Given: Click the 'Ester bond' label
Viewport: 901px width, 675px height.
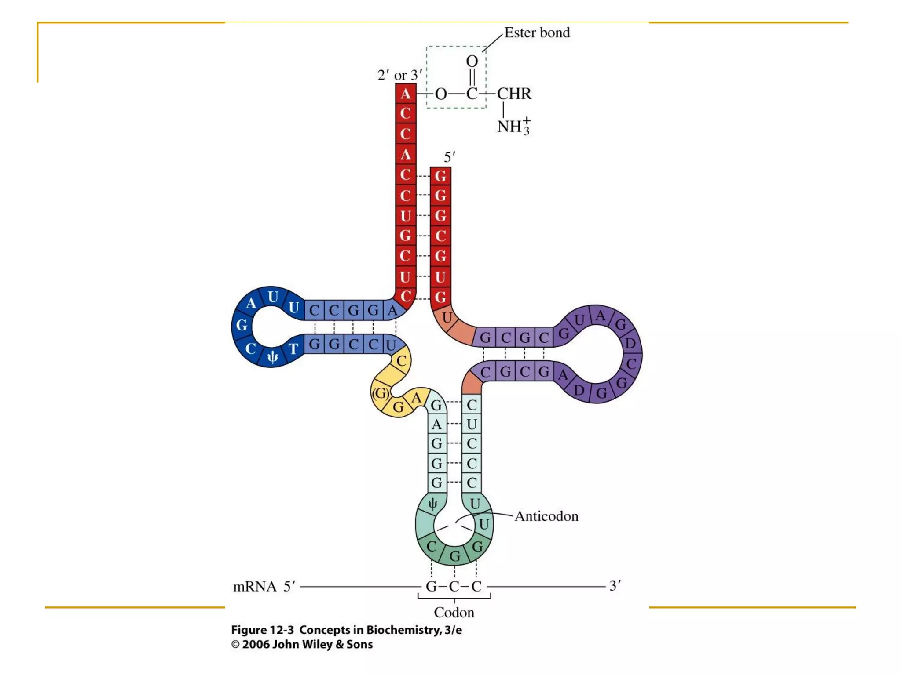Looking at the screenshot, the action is (537, 33).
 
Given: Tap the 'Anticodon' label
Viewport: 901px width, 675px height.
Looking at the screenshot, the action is (546, 516).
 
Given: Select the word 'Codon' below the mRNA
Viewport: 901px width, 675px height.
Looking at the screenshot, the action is (454, 612).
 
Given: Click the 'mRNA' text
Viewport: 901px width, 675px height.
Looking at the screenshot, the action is (255, 587).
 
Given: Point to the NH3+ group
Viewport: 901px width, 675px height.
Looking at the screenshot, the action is (513, 126).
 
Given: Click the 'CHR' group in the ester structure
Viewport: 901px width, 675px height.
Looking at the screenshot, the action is (514, 94).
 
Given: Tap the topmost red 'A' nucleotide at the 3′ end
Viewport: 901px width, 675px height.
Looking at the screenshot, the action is (406, 94).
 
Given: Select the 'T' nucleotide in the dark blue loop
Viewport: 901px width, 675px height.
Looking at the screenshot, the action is (293, 349).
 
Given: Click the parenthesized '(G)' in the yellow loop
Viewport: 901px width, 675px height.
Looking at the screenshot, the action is (381, 393).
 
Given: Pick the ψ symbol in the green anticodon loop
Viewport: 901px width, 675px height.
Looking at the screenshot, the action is (433, 504).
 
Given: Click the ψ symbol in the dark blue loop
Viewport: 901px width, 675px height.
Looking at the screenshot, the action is (273, 357).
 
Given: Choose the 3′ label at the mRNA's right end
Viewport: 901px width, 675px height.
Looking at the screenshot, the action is (615, 585).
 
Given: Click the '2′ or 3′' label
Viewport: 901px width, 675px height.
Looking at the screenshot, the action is (399, 75).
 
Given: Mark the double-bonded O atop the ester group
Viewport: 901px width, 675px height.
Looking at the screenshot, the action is (472, 62).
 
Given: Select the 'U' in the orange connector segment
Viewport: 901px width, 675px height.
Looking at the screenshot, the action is (447, 317).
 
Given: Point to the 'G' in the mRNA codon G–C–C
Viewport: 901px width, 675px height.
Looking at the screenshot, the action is (431, 587).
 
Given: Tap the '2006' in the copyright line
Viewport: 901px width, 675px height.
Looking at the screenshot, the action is (256, 645).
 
